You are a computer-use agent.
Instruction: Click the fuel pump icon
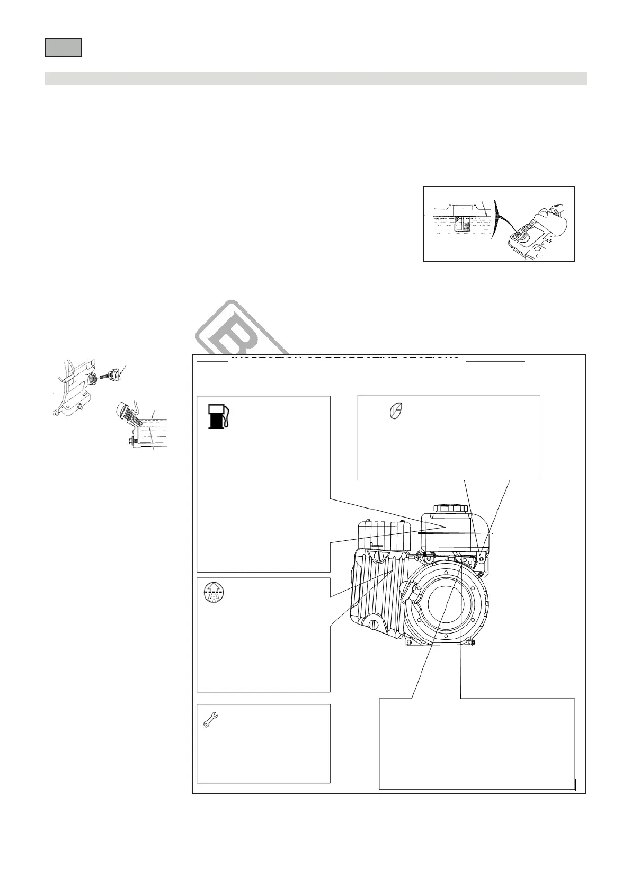[217, 416]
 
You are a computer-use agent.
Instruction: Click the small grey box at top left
[63, 47]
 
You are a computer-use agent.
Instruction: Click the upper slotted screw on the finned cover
[379, 556]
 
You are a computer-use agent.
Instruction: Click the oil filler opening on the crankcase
[92, 378]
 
